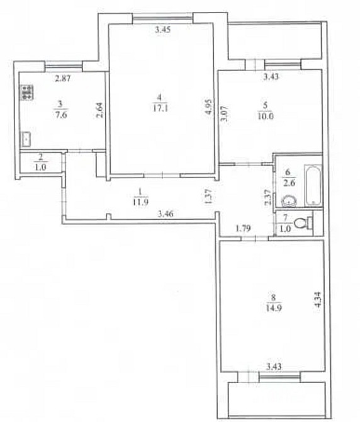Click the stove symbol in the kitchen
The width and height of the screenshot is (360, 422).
(27, 93)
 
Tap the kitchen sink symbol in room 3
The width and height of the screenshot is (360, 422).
(26, 139)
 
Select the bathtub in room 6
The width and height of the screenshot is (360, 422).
(313, 185)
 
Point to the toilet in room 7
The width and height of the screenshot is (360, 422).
(303, 223)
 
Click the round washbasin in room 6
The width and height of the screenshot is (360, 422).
(289, 200)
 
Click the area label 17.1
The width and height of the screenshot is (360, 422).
(160, 108)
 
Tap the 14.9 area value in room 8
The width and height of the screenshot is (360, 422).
(273, 307)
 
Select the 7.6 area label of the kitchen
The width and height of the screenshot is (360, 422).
(61, 115)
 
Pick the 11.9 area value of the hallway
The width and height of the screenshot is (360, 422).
(140, 202)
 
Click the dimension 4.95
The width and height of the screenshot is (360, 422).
(208, 107)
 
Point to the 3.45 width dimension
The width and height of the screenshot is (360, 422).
(163, 30)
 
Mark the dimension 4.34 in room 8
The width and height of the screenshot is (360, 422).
(318, 300)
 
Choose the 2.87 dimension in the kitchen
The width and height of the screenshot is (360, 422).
(63, 78)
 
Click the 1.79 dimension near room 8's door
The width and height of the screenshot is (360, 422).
(243, 229)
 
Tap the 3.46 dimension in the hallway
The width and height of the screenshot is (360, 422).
(166, 214)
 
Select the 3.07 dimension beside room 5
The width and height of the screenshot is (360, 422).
(224, 113)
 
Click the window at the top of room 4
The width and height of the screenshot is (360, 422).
(162, 18)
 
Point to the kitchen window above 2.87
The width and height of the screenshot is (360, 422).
(64, 65)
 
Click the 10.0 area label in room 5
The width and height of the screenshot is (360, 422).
(266, 117)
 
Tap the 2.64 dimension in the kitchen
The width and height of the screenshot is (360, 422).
(99, 111)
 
